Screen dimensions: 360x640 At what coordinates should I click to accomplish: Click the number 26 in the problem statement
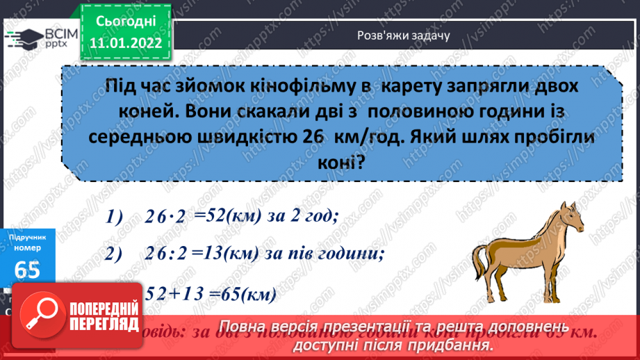pyautogui.click(x=313, y=137)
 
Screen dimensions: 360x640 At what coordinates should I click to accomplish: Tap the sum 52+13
pyautogui.click(x=168, y=294)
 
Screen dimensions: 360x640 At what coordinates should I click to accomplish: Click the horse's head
pyautogui.click(x=571, y=215)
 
